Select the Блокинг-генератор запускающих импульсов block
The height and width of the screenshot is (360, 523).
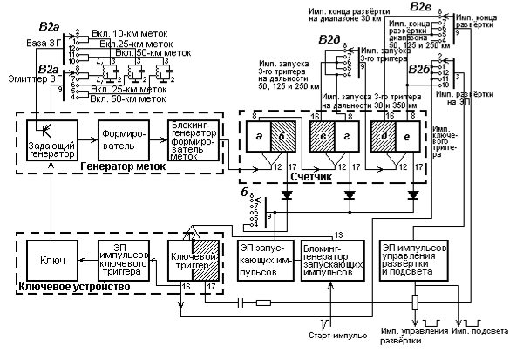[x=332, y=260]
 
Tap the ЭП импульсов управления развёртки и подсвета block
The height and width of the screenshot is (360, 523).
[x=418, y=260]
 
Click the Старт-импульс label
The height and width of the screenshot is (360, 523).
[x=335, y=335]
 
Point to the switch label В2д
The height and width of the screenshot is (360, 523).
[x=328, y=41]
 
